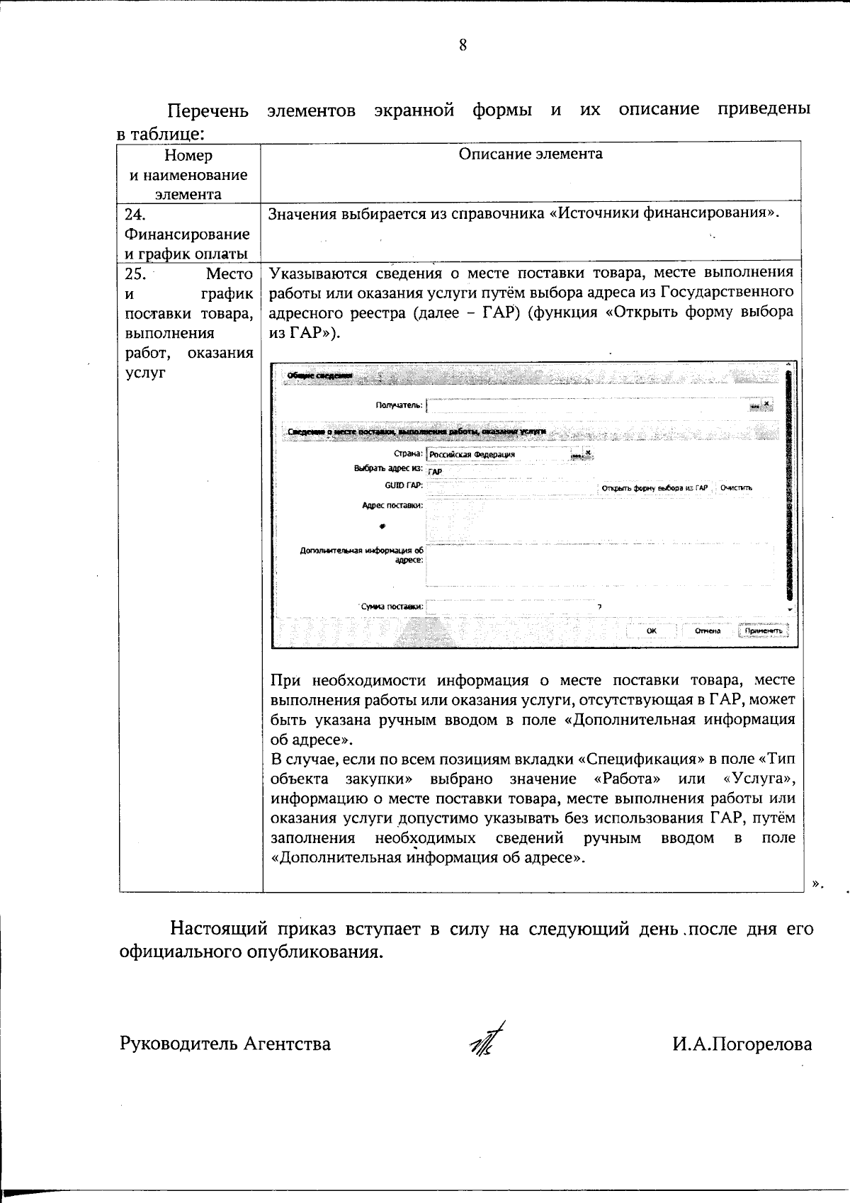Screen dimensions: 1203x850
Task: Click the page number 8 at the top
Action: (463, 46)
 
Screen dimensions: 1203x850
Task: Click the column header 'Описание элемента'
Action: (531, 154)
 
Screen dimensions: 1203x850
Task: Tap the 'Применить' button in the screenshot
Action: (763, 631)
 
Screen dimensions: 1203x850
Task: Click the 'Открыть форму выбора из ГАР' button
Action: (654, 488)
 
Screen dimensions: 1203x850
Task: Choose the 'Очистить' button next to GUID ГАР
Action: (736, 488)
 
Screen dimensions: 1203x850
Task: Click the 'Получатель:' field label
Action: (399, 406)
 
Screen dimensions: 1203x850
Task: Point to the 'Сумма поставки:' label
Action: (392, 606)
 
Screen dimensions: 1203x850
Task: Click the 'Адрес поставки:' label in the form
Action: (392, 505)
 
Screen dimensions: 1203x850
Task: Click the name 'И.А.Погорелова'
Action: (742, 1044)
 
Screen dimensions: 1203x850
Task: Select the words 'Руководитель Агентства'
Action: (225, 1044)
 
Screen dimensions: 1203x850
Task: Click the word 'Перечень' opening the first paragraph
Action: (208, 111)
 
